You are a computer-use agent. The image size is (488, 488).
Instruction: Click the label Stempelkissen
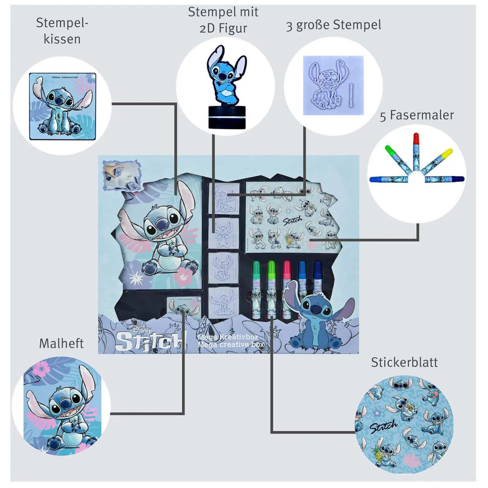point(62,31)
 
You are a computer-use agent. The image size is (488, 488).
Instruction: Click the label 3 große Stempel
point(333,25)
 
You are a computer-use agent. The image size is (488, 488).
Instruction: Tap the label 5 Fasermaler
point(417,115)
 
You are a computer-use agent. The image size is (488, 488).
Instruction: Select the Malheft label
point(61,344)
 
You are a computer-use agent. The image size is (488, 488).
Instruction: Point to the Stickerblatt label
point(404,362)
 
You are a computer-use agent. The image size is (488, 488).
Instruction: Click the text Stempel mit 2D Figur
point(223,20)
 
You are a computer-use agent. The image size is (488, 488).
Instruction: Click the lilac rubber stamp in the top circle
point(333,85)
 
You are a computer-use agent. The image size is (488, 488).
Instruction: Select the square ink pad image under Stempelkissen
point(62,106)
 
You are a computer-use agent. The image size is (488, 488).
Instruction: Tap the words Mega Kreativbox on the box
point(228,337)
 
